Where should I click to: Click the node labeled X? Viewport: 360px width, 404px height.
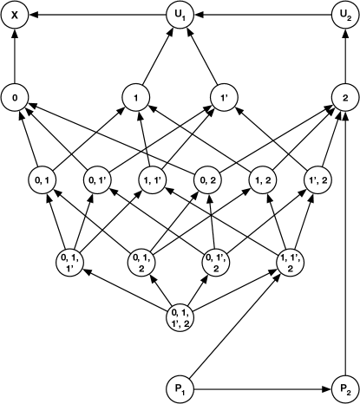click(x=15, y=15)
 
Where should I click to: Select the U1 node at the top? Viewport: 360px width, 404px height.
click(x=180, y=15)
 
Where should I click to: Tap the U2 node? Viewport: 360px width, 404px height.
click(x=344, y=15)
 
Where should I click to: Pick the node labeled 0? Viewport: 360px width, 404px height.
click(x=15, y=97)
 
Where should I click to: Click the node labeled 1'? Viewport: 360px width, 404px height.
click(x=222, y=97)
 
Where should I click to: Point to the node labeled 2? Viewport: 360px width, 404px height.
click(x=344, y=97)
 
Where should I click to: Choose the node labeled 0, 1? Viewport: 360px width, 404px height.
click(x=42, y=179)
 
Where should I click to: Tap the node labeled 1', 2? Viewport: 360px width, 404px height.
click(x=317, y=179)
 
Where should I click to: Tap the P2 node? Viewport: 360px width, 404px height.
click(x=344, y=388)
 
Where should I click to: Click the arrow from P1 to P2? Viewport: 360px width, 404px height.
click(x=260, y=388)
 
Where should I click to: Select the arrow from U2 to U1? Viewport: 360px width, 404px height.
click(x=260, y=15)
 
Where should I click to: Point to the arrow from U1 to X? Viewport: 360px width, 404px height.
click(x=95, y=15)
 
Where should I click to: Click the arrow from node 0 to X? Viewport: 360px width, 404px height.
click(x=15, y=56)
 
